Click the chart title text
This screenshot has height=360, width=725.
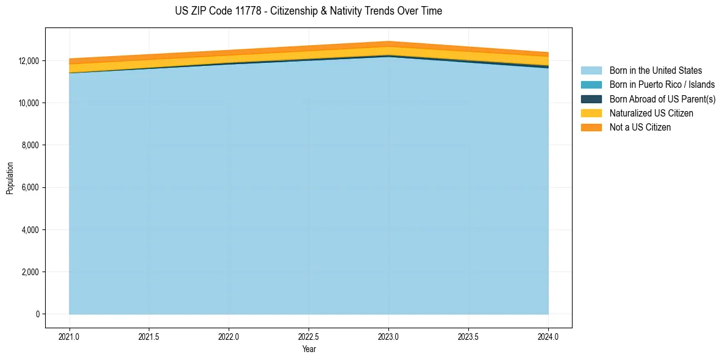coord(308,11)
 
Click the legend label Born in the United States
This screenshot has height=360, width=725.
coord(655,71)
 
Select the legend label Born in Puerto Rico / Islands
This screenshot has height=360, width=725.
coord(662,85)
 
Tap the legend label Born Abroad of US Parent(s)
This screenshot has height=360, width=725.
coord(662,99)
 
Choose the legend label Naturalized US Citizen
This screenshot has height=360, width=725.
coord(651,113)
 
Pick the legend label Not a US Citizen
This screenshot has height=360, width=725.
coord(640,128)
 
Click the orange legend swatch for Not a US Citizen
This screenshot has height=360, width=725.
coord(591,128)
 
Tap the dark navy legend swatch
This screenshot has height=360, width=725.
coord(591,99)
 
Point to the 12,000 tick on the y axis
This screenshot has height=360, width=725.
coord(29,61)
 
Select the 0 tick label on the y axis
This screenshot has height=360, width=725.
coord(37,314)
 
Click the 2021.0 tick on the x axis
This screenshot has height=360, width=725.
coord(70,336)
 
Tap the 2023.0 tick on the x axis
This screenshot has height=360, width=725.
coord(388,336)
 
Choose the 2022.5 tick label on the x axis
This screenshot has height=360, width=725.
coord(309,336)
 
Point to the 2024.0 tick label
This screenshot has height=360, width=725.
coord(548,336)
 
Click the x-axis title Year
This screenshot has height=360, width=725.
coord(309,350)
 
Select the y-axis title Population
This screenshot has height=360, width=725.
coord(10,178)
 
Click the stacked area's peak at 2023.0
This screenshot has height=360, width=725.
coord(388,42)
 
